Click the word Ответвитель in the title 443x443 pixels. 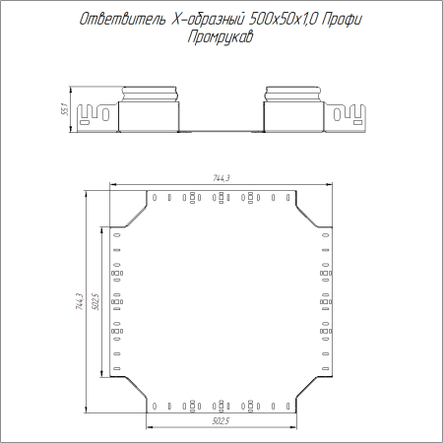point(122,20)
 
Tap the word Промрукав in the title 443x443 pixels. point(221,36)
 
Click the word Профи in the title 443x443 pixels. point(342,20)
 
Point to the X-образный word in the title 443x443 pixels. point(208,20)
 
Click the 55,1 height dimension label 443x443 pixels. point(65,109)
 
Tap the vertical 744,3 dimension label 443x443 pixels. point(80,301)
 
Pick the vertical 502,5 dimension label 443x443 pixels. point(95,301)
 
